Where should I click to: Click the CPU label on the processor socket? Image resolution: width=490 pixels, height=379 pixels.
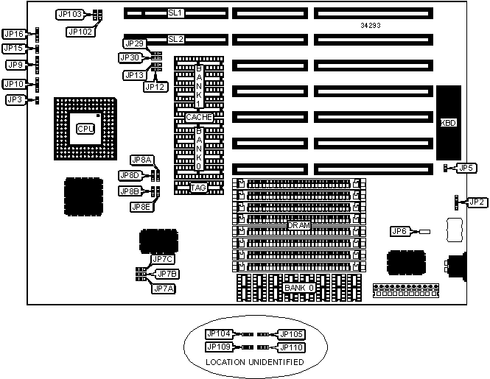(85, 129)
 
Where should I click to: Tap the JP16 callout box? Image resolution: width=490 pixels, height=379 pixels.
(15, 34)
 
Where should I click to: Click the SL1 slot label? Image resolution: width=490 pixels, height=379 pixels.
(175, 13)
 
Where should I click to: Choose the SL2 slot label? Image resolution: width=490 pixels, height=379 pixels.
(175, 38)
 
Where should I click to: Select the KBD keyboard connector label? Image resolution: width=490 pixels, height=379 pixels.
(448, 124)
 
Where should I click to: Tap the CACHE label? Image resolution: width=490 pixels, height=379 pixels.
(199, 117)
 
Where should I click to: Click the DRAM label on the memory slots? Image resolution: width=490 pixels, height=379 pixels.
(298, 224)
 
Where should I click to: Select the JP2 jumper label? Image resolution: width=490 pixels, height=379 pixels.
(477, 202)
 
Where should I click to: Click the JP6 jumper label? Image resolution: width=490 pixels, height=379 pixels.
(399, 232)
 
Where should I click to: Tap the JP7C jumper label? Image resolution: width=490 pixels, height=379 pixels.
(161, 259)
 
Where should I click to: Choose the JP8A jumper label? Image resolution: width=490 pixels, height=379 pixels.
(141, 160)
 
